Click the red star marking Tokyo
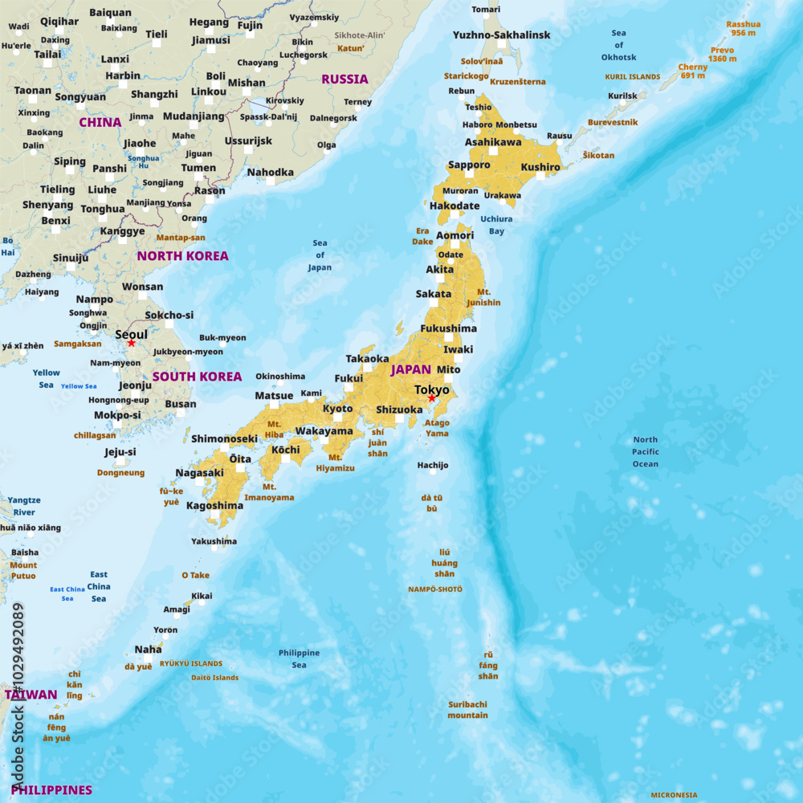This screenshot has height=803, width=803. [431, 398]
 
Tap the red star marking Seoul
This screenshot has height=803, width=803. [132, 344]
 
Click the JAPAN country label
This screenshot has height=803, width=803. [411, 370]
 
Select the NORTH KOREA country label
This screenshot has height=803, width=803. [182, 256]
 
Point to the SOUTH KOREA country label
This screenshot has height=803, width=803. [197, 377]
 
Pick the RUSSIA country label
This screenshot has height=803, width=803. [344, 79]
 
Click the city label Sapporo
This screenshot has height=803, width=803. [469, 165]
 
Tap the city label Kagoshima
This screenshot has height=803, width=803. [214, 506]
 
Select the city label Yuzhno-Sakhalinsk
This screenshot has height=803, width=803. [502, 35]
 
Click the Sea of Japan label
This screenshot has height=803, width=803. [320, 255]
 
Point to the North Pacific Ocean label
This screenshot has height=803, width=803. [646, 451]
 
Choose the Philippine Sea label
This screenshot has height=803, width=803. [299, 658]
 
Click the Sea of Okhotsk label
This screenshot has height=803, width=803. [618, 45]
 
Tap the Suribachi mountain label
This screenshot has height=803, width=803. [467, 710]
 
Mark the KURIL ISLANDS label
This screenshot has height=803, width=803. [633, 77]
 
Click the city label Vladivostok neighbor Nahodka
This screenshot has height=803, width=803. [270, 172]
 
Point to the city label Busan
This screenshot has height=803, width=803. [180, 404]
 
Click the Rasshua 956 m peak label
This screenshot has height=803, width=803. [743, 29]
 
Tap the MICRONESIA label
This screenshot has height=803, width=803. [674, 796]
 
